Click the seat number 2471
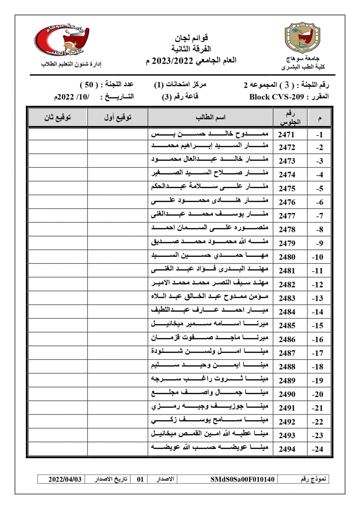point(286,134)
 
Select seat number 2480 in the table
point(287,257)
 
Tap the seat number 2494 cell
point(287,449)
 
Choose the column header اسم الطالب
point(210,117)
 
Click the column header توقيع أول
point(118,117)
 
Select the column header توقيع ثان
point(58,117)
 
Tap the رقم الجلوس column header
point(290,118)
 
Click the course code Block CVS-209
point(276,97)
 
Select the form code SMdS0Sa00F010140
point(242,479)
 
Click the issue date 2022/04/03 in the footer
point(65,479)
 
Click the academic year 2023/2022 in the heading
point(172,61)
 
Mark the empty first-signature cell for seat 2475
point(118,188)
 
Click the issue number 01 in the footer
point(140,479)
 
